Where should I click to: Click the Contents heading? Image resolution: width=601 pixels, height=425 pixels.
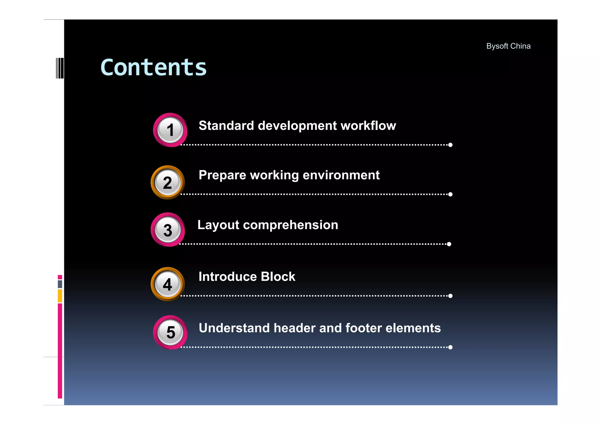[153, 68]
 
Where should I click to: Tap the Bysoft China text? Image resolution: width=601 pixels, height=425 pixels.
[508, 46]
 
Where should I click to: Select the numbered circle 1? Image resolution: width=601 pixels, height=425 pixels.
[170, 130]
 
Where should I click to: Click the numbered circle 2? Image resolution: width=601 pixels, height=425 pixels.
[168, 183]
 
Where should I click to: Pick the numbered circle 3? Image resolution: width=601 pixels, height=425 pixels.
[168, 230]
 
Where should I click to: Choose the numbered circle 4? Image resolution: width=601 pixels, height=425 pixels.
[168, 284]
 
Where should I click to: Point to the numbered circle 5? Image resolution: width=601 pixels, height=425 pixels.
[170, 332]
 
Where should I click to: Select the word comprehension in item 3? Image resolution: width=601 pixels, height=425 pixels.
[291, 225]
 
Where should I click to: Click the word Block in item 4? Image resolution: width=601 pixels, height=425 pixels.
[278, 276]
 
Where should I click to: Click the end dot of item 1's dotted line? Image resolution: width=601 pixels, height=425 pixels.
[450, 145]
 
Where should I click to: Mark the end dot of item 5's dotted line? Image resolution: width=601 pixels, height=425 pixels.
[450, 347]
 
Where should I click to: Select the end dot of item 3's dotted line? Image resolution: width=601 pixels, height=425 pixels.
[449, 244]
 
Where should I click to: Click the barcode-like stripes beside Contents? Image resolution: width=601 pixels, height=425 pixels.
[60, 68]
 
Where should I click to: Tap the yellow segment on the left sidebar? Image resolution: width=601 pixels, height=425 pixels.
[60, 296]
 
